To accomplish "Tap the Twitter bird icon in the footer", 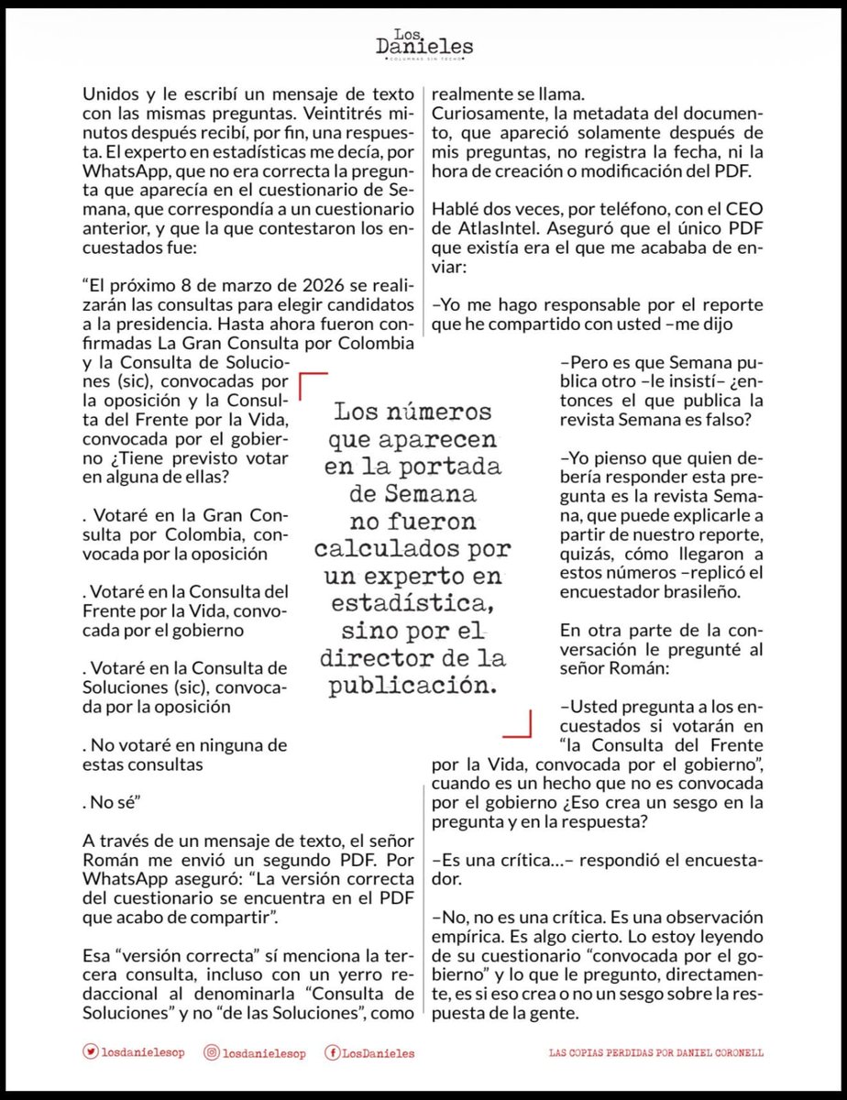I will coord(90,1053).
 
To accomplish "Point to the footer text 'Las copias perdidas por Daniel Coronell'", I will coord(654,1053).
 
